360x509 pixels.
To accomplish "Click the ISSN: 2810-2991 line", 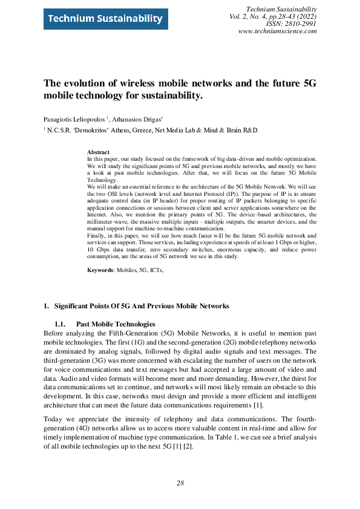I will point(292,24).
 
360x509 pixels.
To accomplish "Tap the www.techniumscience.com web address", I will point(278,31).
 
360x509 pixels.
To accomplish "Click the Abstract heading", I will point(98,152).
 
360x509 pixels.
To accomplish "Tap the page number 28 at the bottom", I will point(180,483).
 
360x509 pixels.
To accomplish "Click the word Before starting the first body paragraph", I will point(55,333).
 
